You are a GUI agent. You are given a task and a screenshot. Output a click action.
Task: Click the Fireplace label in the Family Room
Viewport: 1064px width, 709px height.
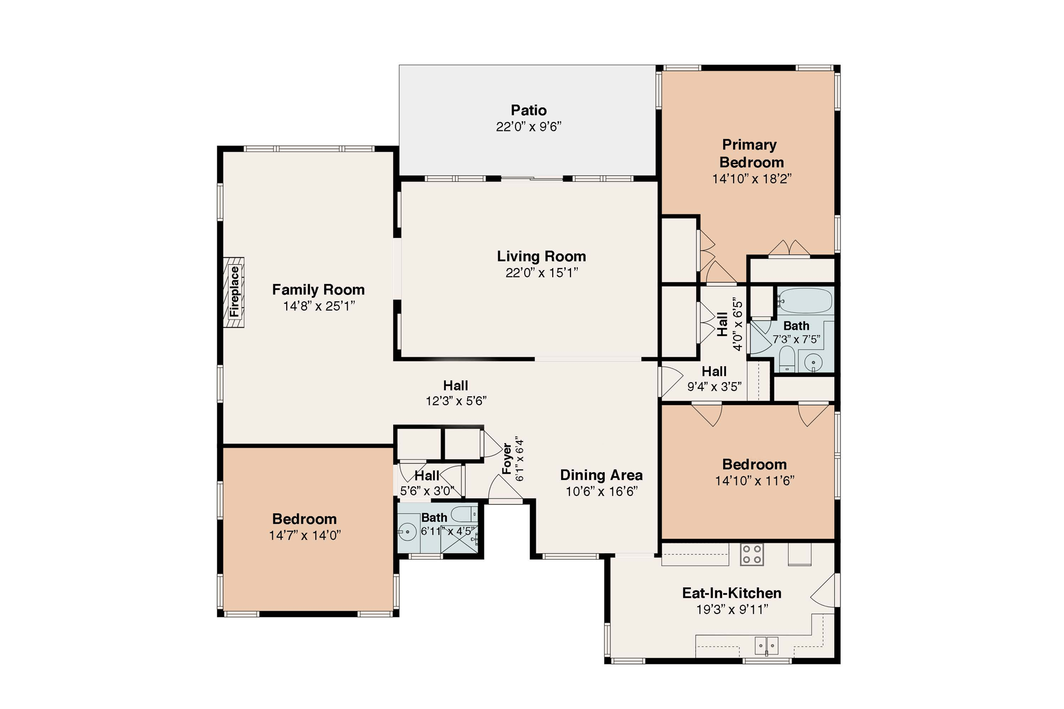234,292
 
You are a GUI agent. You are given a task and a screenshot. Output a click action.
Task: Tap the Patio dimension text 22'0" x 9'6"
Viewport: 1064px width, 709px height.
528,127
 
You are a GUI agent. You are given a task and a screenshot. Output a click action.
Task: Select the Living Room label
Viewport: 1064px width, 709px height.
541,256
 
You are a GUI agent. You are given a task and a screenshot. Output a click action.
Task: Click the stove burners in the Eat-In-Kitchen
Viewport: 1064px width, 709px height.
751,554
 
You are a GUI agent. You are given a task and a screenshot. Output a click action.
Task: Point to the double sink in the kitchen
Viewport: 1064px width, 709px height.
766,646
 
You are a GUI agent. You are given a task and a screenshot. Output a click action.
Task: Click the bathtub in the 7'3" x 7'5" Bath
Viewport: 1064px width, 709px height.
805,300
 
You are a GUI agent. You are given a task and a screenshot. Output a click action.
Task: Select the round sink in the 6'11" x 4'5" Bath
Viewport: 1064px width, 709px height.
408,531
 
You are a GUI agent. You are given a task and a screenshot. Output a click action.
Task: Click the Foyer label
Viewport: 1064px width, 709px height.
507,459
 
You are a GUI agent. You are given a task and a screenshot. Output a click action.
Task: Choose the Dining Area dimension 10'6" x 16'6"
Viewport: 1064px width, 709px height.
602,491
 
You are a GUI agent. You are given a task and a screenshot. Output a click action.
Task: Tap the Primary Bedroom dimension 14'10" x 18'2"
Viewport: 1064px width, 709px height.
751,179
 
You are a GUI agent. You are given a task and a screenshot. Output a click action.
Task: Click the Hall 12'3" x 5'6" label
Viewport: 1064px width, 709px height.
456,385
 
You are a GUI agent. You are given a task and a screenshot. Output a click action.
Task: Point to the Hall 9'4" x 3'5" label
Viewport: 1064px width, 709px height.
714,372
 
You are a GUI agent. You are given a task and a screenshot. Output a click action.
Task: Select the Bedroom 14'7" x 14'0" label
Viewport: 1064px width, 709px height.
304,519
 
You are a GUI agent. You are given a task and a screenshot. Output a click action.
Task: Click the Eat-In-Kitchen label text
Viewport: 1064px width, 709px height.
731,593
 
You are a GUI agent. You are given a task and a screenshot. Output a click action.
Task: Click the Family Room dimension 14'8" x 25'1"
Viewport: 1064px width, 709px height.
318,306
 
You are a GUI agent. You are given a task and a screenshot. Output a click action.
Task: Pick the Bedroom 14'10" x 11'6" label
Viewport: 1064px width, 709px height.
754,464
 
